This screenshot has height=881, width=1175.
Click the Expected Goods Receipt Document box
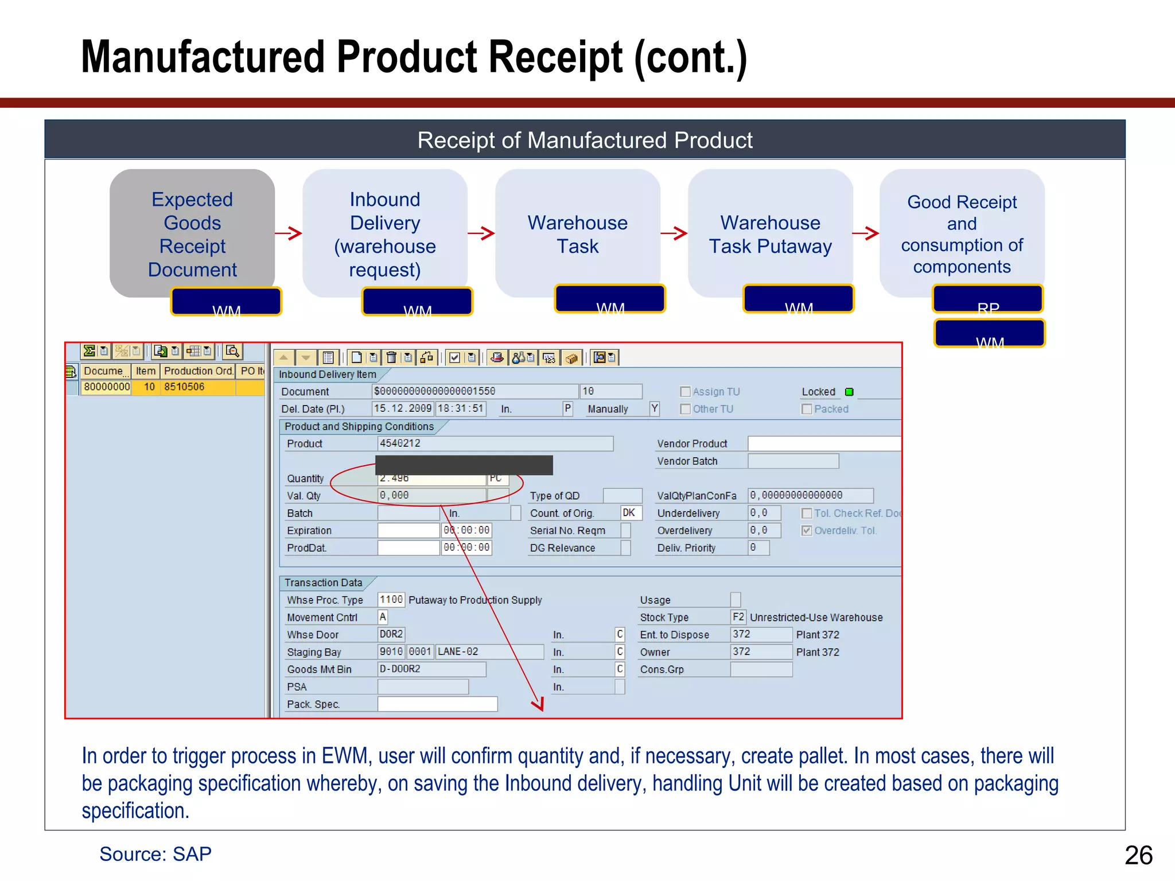pos(192,233)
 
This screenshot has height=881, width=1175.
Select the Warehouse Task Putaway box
pos(770,233)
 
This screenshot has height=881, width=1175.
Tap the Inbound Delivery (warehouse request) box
pos(384,233)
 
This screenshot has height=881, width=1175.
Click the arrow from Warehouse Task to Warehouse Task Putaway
pos(674,233)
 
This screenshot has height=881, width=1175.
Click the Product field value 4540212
pos(495,443)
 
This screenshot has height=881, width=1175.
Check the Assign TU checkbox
pos(685,392)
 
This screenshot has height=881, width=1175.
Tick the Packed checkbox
pos(807,409)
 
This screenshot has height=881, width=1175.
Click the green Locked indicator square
pos(849,392)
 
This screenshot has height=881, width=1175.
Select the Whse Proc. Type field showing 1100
pos(391,599)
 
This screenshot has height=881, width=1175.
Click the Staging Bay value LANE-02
pos(489,652)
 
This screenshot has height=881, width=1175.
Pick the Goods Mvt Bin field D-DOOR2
pos(431,669)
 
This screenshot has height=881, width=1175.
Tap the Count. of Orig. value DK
pos(630,513)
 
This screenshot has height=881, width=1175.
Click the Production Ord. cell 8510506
pos(197,387)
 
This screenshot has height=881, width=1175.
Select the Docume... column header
pos(105,371)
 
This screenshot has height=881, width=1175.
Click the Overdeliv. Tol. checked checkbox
pos(807,531)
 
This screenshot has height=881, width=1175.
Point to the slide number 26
pos(1138,855)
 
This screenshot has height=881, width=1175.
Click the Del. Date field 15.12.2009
pos(402,408)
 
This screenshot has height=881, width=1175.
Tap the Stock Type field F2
pos(738,617)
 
